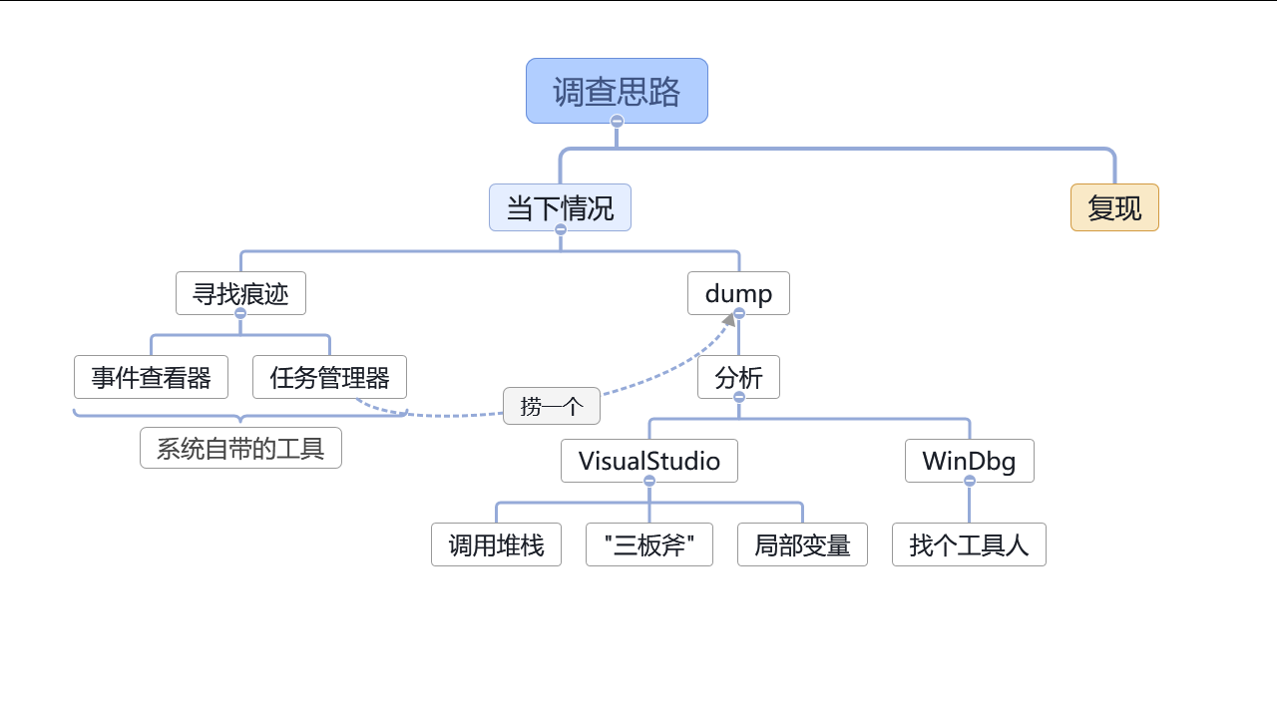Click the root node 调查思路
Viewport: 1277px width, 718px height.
coord(617,91)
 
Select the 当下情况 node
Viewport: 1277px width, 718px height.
coord(560,207)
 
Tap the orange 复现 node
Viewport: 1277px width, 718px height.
coord(1114,207)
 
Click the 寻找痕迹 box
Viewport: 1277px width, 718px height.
coord(240,293)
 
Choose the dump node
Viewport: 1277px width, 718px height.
coord(738,293)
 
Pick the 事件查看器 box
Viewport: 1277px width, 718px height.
coord(151,377)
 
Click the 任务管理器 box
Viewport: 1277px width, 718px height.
coord(329,377)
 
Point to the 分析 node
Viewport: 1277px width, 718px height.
coord(738,377)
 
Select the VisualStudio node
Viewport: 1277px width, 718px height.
coord(649,461)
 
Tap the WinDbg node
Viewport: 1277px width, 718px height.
coord(969,461)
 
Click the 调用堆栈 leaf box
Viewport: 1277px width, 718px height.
coord(496,544)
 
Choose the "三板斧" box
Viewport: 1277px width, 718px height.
coord(649,544)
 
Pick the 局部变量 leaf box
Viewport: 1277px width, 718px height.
coord(802,544)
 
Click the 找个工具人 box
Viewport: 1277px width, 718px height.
coord(969,544)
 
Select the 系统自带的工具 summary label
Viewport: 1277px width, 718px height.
coord(240,448)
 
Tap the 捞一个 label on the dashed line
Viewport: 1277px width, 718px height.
coord(552,406)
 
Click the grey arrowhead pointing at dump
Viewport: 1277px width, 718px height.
coord(729,320)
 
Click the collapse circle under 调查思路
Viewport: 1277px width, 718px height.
coord(617,122)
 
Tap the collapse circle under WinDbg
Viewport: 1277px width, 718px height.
coord(969,481)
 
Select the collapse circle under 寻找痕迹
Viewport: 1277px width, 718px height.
coord(240,313)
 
